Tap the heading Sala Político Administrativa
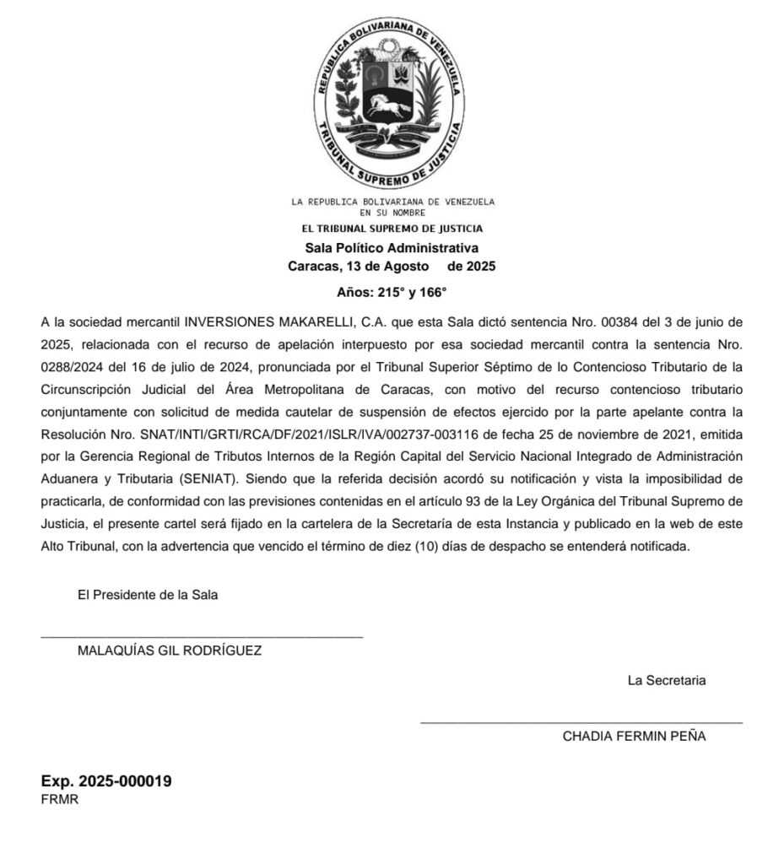coord(392,248)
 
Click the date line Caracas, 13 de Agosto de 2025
coord(392,267)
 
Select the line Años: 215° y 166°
coord(392,293)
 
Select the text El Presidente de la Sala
coord(148,594)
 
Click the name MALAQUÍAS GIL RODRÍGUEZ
coord(170,651)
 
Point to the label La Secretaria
coord(667,680)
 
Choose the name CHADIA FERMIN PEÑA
coord(635,736)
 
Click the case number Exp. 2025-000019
coord(106,781)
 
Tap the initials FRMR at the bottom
coord(60,800)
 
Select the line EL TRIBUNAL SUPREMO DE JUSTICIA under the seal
coord(392,229)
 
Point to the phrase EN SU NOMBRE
coord(392,213)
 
